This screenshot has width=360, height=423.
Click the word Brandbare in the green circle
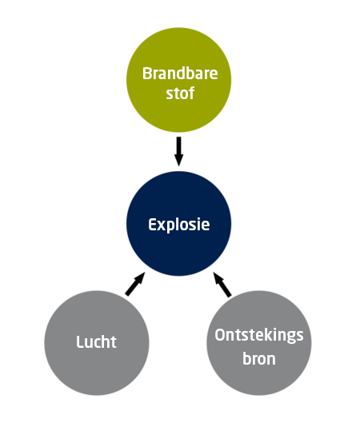(180, 74)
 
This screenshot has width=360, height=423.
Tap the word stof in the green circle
(180, 93)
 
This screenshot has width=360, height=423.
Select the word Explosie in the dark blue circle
(179, 225)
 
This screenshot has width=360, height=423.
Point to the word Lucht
(96, 341)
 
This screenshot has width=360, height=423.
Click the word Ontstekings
(259, 336)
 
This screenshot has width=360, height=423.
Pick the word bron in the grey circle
(259, 358)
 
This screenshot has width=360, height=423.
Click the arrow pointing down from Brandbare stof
(178, 151)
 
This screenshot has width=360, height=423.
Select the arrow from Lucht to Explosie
(135, 284)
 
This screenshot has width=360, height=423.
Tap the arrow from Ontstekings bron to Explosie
(222, 285)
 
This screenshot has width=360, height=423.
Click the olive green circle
(179, 80)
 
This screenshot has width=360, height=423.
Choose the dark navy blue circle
(179, 224)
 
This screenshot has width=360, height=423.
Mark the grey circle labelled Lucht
(97, 343)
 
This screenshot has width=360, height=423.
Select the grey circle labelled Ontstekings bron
(259, 343)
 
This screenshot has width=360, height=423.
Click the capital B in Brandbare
(146, 74)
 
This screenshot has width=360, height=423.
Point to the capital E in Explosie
(152, 225)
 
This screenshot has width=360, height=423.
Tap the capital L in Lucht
(80, 341)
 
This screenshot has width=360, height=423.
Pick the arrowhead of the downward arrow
(178, 160)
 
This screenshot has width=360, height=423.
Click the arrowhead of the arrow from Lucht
(140, 277)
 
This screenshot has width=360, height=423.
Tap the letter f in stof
(191, 93)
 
